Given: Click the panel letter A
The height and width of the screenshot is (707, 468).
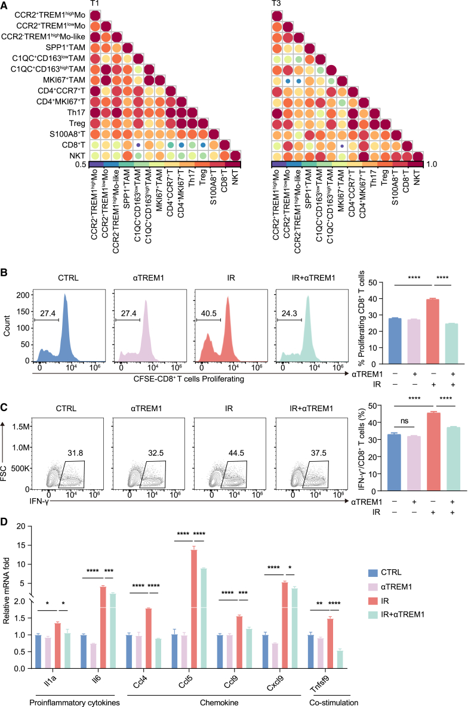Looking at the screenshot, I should click(5, 5).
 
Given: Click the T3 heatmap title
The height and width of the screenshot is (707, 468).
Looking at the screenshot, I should click(276, 4).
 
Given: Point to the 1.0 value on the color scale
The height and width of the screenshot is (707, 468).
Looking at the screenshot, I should click(436, 164).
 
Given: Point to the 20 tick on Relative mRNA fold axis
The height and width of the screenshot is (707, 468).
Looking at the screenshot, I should click(21, 526).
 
